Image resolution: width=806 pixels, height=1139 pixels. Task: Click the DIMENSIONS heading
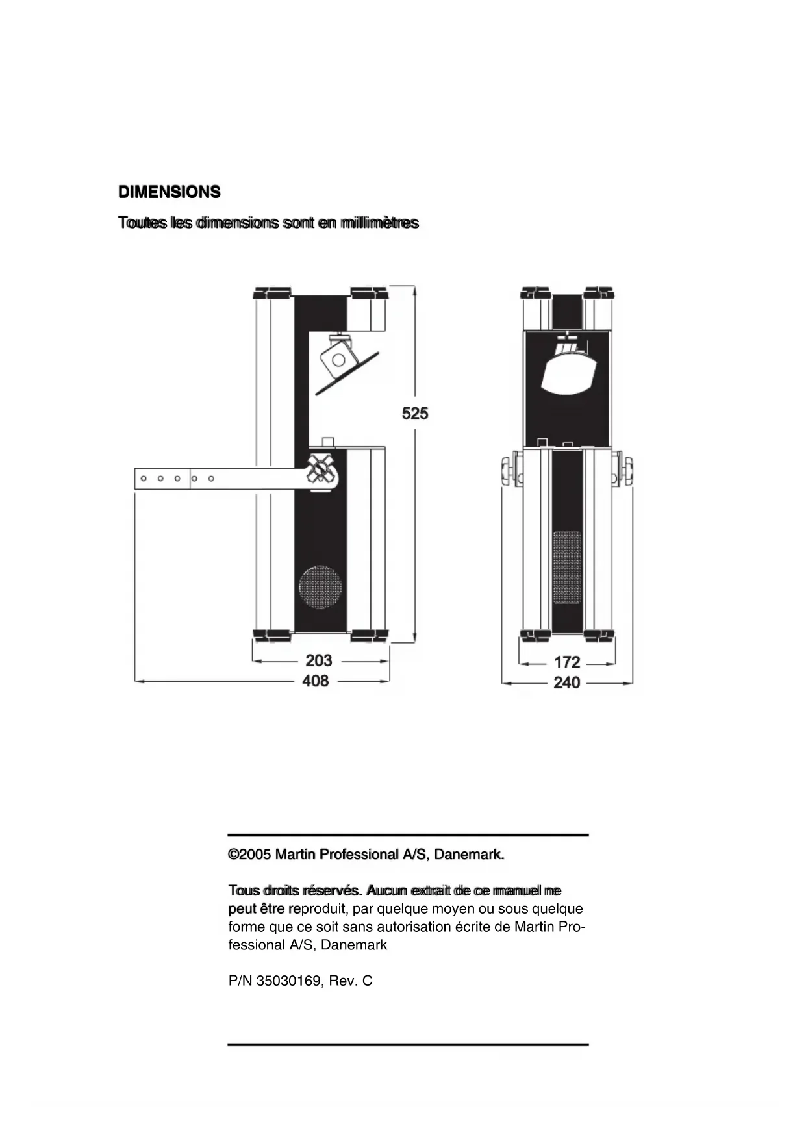170,192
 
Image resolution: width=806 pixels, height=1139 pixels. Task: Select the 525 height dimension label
415,413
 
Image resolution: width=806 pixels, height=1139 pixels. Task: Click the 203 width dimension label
319,660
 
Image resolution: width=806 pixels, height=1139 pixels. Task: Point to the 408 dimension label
316,681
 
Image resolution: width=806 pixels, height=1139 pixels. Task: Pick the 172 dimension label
567,662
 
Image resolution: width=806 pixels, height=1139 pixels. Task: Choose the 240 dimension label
567,683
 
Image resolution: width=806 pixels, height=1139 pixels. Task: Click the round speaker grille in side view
320,587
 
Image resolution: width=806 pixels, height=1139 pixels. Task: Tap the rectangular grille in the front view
567,567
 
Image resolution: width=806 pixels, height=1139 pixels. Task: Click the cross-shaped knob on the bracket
321,468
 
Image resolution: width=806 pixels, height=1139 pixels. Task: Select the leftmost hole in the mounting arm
144,479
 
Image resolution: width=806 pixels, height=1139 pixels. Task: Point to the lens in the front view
567,374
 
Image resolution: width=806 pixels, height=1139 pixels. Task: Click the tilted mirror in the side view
347,373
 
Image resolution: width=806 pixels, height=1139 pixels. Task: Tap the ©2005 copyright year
249,855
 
